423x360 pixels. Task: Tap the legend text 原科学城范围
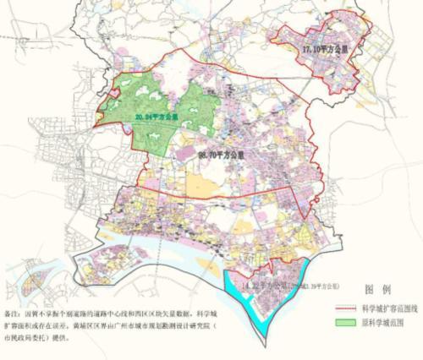[385, 322]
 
